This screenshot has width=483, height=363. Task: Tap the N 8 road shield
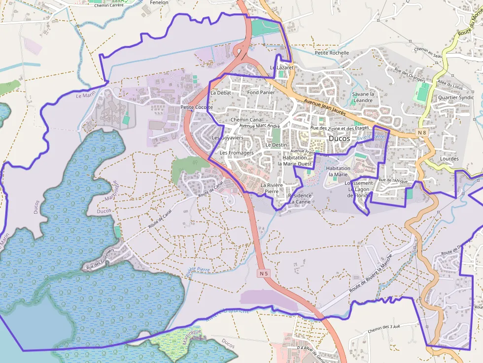421,132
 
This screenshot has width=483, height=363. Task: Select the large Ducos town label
339,139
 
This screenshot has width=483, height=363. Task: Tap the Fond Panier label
261,92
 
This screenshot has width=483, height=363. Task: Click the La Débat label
220,93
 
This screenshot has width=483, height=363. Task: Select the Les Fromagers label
237,153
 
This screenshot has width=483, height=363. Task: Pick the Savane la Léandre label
364,97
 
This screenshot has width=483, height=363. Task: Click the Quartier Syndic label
456,98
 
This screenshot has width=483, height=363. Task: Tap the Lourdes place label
449,159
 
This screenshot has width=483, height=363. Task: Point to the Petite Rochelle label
332,53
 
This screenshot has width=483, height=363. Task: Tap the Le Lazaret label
282,67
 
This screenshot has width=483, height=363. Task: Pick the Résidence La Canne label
300,198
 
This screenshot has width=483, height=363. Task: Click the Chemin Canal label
246,120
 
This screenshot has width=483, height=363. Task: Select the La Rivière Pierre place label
272,188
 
